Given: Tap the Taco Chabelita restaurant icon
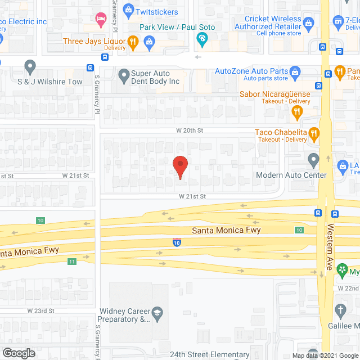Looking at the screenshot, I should pos(314,133).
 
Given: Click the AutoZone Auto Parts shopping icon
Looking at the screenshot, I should pos(294,71).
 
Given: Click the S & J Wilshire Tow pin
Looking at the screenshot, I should pos(30,68).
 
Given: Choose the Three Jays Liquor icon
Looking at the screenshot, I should pos(133,40).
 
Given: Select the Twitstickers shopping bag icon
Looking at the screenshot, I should pos(128,10).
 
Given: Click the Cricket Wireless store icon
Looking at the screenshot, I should pos(308,24).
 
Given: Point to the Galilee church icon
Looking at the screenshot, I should pos(340,309).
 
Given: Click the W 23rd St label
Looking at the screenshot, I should pos(40,310).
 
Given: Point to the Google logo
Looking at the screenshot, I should pos(19,353).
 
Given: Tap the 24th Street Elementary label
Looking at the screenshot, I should pos(210,355).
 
